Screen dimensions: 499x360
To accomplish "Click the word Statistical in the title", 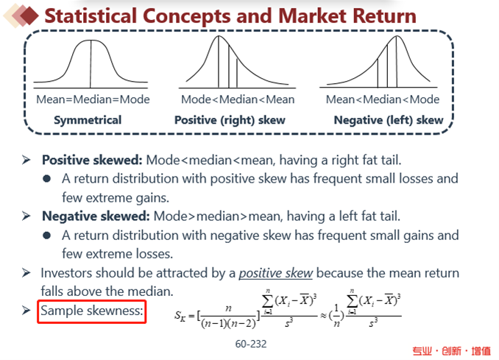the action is pos(91,16).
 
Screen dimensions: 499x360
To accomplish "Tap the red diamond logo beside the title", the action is pos(29,15).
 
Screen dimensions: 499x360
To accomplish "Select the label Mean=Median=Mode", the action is pos(93,99).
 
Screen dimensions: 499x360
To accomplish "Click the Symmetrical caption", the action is pos(88,120).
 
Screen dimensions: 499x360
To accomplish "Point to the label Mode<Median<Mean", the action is pos(238,99).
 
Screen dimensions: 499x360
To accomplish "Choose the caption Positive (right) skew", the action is pos(230,120).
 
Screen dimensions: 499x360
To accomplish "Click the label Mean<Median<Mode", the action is pos(383,99).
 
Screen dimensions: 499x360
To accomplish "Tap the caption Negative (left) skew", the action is pos(389,120).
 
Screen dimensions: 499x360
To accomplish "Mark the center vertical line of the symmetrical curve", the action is pos(91,64).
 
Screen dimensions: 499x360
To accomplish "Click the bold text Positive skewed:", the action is pos(92,160).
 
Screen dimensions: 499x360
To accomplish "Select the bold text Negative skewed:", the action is pos(96,216).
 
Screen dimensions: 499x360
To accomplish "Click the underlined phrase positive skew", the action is pos(276,273).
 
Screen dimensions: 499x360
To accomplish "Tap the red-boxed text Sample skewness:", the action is pos(92,311).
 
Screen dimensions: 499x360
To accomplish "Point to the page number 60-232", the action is pos(251,344).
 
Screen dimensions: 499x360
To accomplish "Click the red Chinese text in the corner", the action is pos(452,350).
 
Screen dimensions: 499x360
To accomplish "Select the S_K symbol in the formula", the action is pos(180,316).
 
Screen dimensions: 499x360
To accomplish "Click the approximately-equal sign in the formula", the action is pos(323,316).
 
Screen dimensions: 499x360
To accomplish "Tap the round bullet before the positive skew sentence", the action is pos(47,179).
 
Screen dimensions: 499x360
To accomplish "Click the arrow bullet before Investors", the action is pos(26,273).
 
